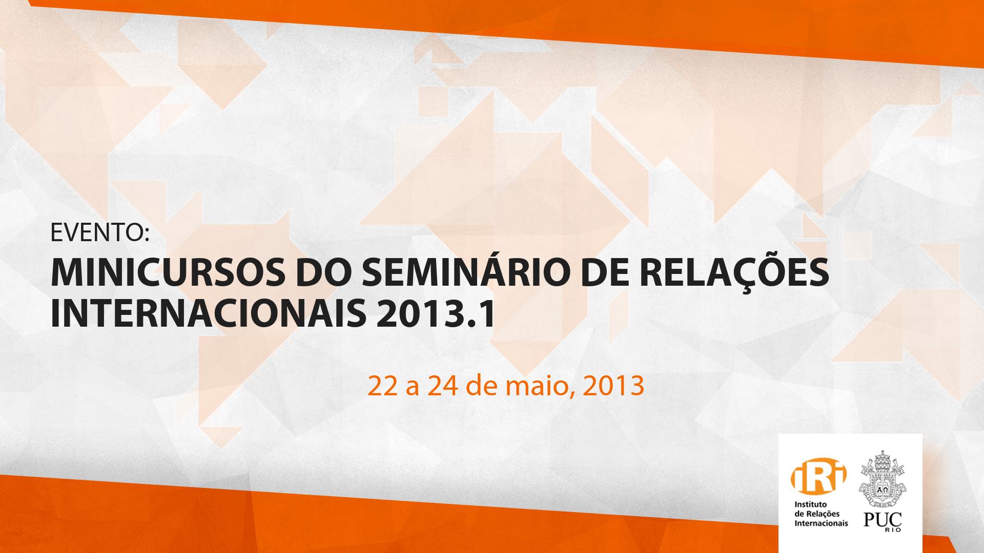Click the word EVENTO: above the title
coord(99,233)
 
